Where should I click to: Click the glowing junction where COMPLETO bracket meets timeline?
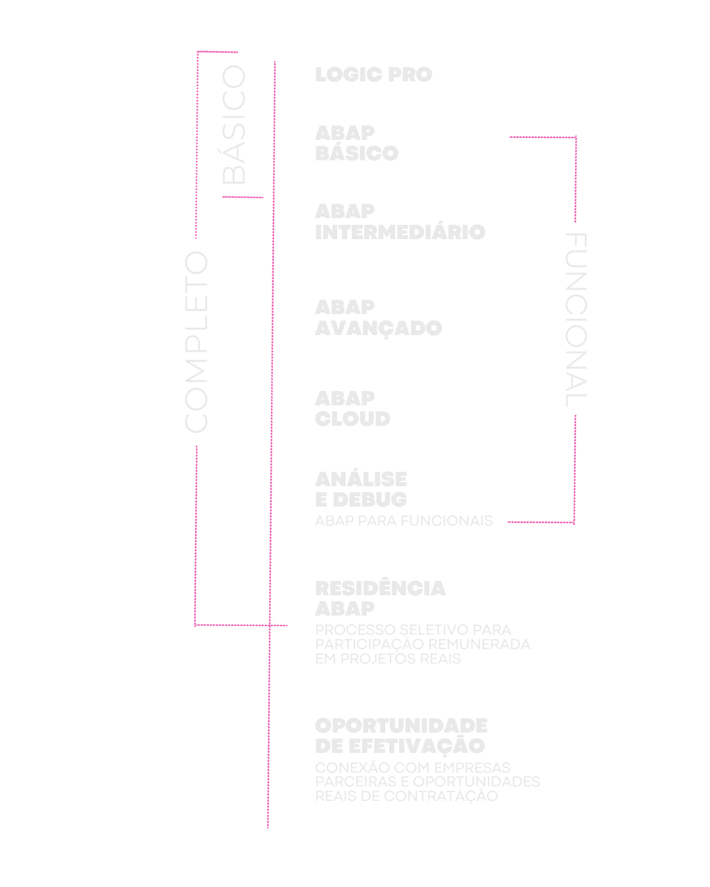point(268,625)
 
